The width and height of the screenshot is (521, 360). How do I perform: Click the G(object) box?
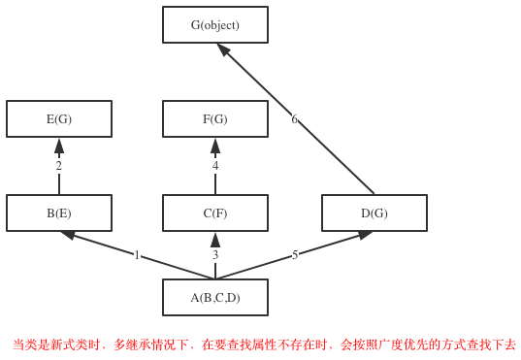pos(214,25)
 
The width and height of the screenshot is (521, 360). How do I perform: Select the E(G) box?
pos(59,119)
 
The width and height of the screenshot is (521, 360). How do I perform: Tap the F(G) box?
pos(214,119)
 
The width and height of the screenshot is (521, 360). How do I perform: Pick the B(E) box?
pos(59,213)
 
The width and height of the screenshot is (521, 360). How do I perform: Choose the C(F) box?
pos(214,213)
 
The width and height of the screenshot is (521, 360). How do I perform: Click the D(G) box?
pos(374,213)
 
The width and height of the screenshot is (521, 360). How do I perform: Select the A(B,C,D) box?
pos(214,298)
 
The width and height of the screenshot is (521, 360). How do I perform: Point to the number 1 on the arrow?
pos(137,255)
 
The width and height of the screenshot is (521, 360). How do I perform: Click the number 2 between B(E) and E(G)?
pos(58,166)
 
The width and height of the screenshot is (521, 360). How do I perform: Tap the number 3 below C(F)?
pos(215,255)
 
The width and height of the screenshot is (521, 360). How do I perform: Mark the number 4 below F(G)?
pos(215,166)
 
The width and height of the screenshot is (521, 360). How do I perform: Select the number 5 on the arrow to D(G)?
pos(295,255)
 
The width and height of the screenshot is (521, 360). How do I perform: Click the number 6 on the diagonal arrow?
pos(294,119)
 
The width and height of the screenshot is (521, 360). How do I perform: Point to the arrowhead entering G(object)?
pos(223,49)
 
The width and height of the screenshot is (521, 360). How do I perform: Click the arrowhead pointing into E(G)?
pos(59,146)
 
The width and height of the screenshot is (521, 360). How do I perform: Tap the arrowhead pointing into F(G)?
pos(215,146)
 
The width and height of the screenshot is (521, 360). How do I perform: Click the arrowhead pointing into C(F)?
pos(215,240)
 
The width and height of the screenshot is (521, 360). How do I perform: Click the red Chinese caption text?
pos(264,344)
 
